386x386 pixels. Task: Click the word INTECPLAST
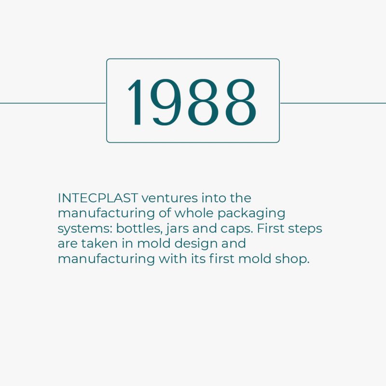click(x=97, y=198)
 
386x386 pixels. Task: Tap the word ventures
click(x=170, y=198)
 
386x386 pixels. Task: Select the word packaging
click(x=251, y=214)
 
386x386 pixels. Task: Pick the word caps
click(x=236, y=229)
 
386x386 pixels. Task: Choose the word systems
click(x=85, y=229)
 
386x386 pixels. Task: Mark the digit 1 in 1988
click(x=136, y=102)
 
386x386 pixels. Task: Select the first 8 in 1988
click(x=203, y=102)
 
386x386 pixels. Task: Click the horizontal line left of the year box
click(x=53, y=103)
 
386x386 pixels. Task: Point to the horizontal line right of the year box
click(x=333, y=103)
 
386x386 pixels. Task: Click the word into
click(x=214, y=198)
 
